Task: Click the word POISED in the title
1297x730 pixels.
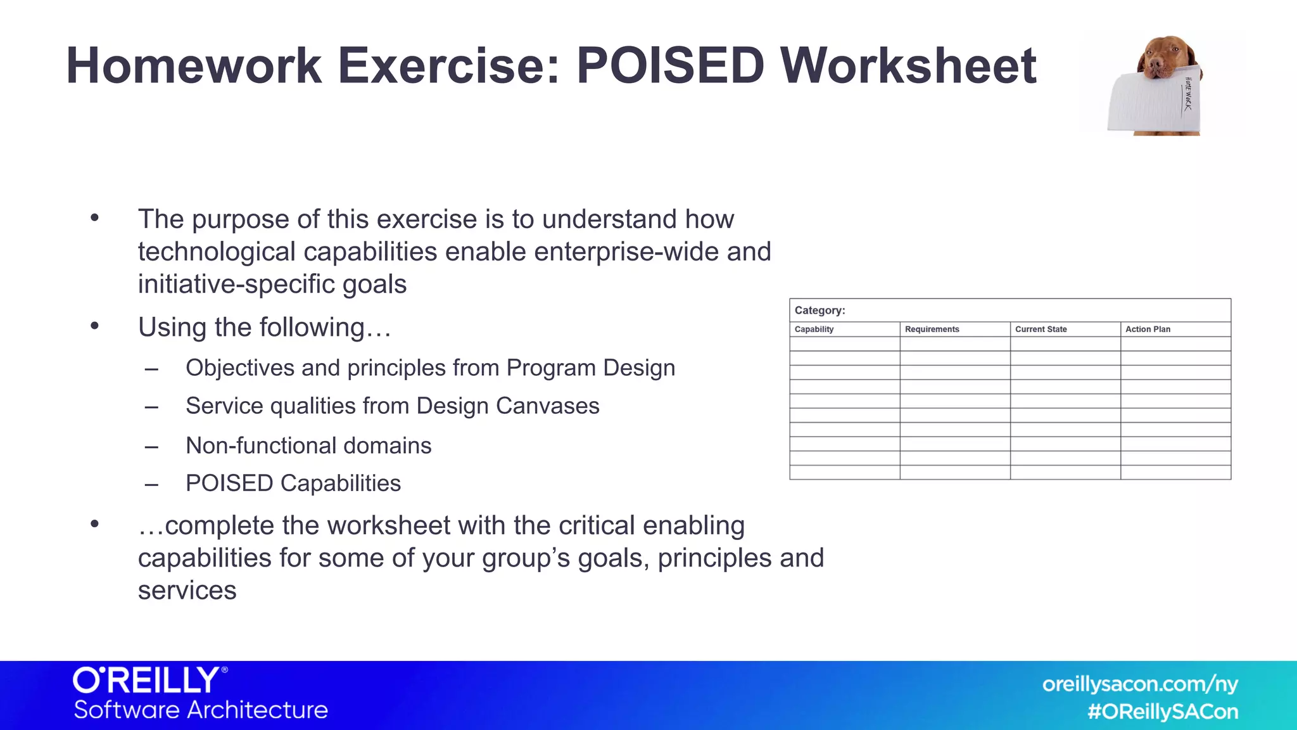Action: click(x=670, y=66)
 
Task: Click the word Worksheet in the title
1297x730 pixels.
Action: click(x=908, y=66)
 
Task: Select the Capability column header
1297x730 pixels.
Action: click(x=814, y=330)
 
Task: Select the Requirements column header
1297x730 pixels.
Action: click(x=932, y=330)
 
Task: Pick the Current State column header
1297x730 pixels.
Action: click(x=1041, y=330)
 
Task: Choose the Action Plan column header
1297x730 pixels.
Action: click(x=1148, y=330)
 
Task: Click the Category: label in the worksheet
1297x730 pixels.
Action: click(x=819, y=311)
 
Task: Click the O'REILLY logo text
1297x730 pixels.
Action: click(x=147, y=681)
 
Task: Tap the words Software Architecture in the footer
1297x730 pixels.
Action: click(x=201, y=710)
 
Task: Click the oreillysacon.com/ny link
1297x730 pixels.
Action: click(x=1139, y=684)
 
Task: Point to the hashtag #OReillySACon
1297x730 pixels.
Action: click(x=1162, y=712)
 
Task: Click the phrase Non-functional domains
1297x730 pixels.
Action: click(x=308, y=445)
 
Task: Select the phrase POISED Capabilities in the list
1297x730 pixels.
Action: click(x=293, y=483)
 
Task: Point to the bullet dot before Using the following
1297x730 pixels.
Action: click(x=95, y=326)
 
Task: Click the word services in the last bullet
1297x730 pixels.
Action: click(x=187, y=591)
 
